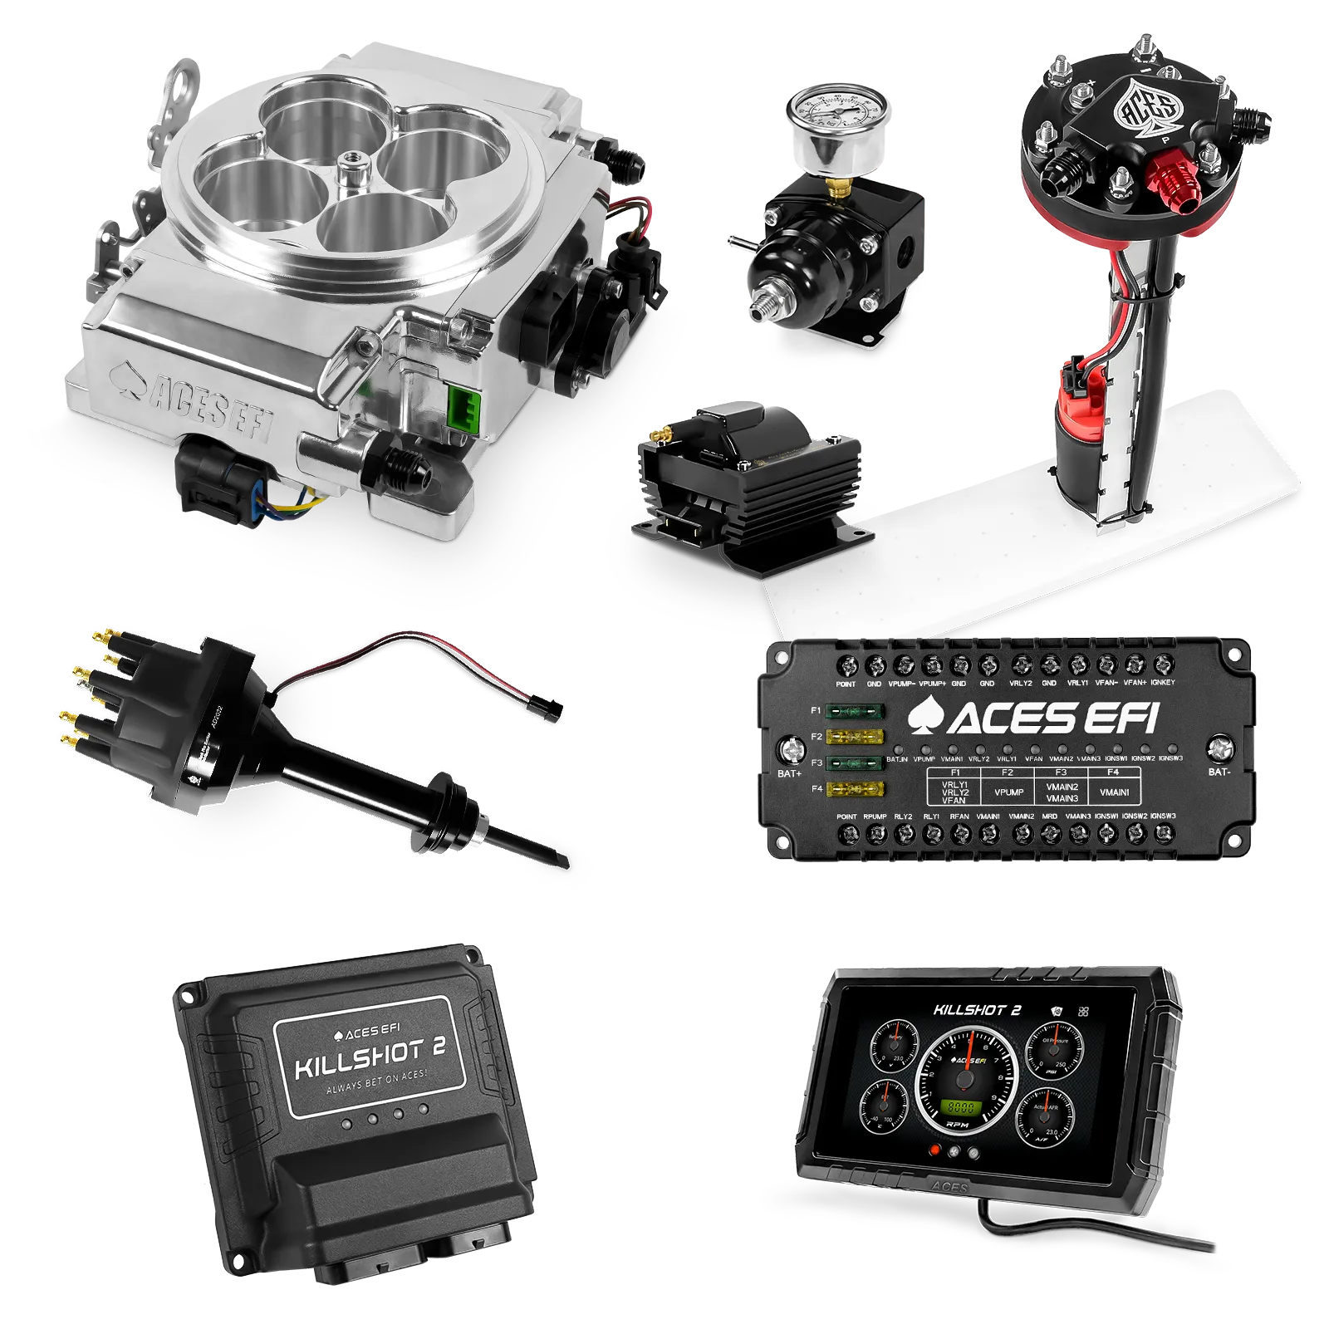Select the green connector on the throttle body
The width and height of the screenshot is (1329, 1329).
(x=462, y=405)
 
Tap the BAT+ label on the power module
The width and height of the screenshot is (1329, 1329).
(x=789, y=773)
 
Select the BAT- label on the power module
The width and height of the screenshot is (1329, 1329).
(x=1218, y=772)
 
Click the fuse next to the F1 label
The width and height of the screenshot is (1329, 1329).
(x=856, y=712)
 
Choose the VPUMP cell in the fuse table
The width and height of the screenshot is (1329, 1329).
(x=1008, y=792)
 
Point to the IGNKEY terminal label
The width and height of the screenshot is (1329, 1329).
(x=1164, y=683)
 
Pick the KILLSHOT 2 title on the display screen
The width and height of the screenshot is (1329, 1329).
(x=977, y=1010)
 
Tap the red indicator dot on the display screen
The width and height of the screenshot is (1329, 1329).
(x=936, y=1150)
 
